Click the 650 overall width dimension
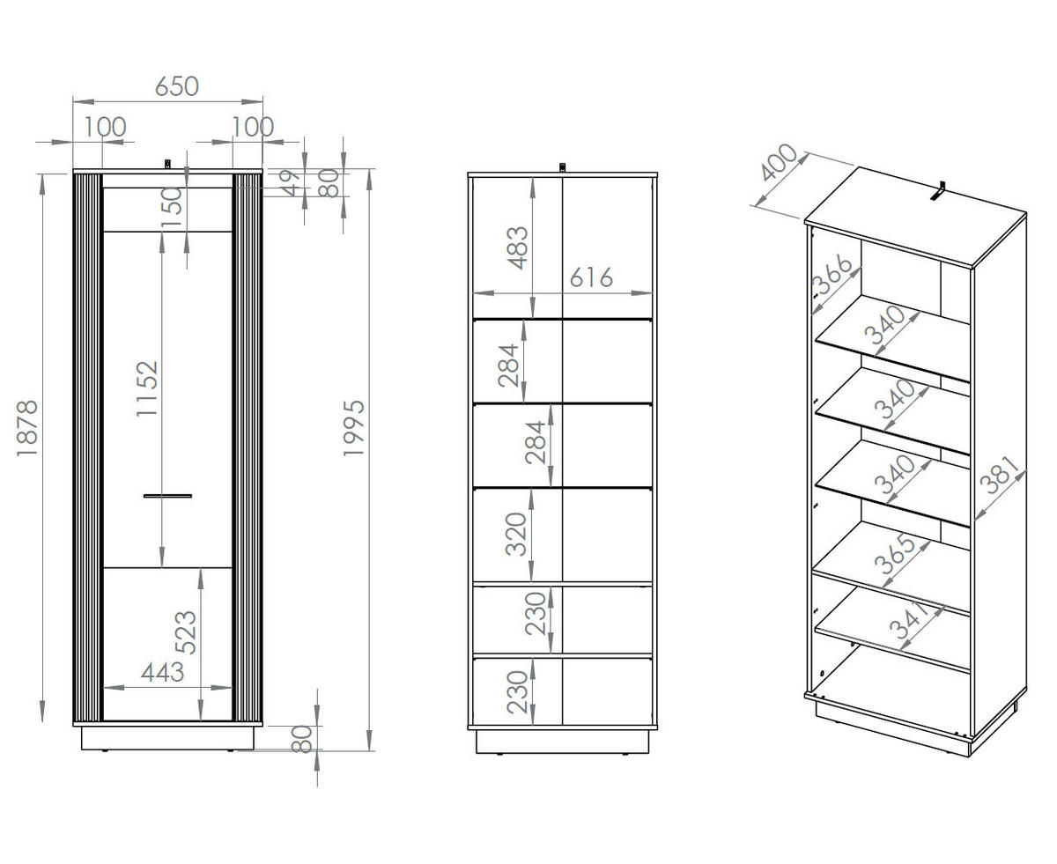[x=177, y=86]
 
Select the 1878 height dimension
[x=27, y=429]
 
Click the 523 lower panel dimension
[x=187, y=632]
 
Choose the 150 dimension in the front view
[x=173, y=208]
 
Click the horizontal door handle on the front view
[x=167, y=496]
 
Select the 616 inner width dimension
[x=590, y=278]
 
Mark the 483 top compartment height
[x=519, y=247]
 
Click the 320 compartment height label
[x=517, y=534]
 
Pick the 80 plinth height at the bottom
[x=303, y=738]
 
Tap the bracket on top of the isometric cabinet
[x=940, y=191]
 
